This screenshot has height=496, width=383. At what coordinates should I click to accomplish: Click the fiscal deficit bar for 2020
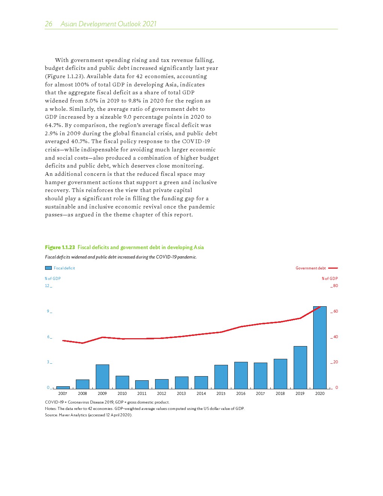point(320,348)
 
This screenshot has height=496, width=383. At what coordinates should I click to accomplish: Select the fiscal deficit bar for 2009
point(102,377)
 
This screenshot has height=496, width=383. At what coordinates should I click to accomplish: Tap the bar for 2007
point(63,387)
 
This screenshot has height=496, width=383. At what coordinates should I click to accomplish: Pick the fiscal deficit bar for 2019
point(300,367)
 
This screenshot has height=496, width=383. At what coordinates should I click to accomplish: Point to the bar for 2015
point(221,377)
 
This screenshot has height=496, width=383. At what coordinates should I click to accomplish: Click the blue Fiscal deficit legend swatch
point(48,268)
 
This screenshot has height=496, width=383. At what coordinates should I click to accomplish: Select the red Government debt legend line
point(333,268)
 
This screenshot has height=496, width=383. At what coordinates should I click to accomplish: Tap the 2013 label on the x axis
point(181,393)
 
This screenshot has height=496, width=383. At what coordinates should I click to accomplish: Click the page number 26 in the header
point(49,24)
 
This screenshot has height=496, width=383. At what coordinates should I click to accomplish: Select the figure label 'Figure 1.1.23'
point(60,247)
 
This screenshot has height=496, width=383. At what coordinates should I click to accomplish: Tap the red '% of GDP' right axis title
point(330,278)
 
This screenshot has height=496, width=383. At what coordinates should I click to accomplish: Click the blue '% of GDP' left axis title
point(53,278)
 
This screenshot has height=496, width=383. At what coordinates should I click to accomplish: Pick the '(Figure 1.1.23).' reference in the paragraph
point(64,76)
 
